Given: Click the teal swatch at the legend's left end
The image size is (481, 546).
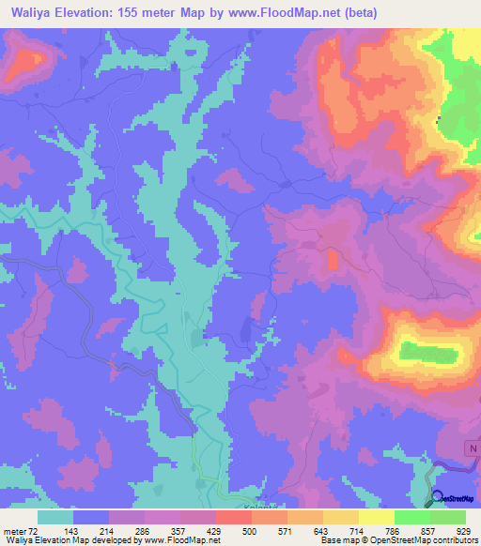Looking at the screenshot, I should point(54,517).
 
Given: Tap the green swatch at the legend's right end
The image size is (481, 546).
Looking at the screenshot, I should point(448,517).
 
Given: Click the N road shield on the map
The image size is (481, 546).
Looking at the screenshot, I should point(471,450).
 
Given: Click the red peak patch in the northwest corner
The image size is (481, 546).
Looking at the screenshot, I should point(28,58).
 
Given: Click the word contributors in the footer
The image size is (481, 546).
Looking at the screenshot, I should point(448,540).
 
